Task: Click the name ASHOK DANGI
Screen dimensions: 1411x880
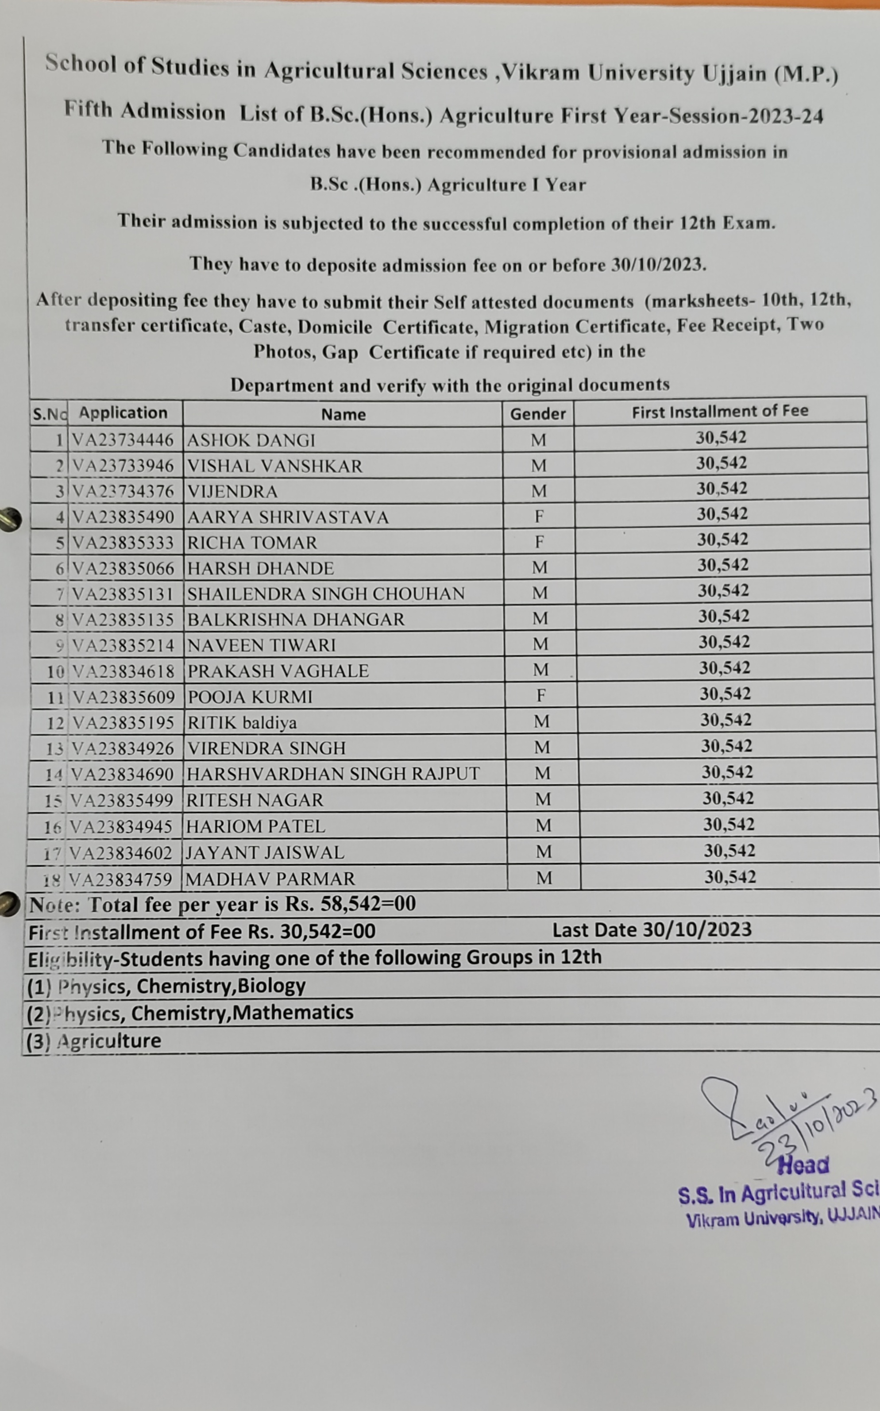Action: [251, 440]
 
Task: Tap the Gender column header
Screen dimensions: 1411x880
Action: [538, 414]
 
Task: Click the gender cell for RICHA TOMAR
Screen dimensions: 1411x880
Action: [539, 542]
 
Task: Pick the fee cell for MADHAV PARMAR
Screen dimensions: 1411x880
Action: [730, 877]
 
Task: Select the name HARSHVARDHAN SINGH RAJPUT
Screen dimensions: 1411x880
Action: [333, 773]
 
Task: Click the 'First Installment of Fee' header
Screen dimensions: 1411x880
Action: [720, 411]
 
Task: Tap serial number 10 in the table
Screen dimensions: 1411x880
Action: [56, 672]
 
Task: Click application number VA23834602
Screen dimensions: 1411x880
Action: [120, 853]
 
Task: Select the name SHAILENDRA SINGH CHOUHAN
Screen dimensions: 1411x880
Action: [326, 594]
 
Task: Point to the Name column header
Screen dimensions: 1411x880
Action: [344, 414]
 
